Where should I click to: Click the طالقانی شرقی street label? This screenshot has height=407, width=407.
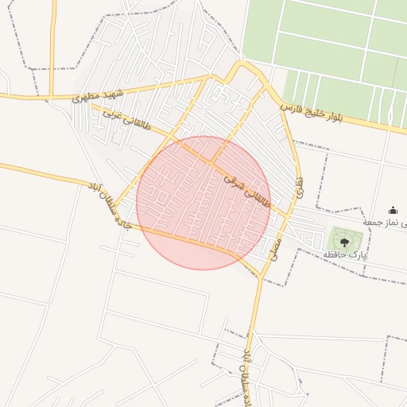pyautogui.click(x=247, y=192)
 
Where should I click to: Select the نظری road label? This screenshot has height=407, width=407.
pyautogui.click(x=300, y=188)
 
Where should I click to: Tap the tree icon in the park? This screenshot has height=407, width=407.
pyautogui.click(x=344, y=241)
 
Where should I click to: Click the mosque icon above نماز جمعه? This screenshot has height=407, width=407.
pyautogui.click(x=393, y=211)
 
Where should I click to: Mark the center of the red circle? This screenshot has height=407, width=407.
pyautogui.click(x=203, y=203)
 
